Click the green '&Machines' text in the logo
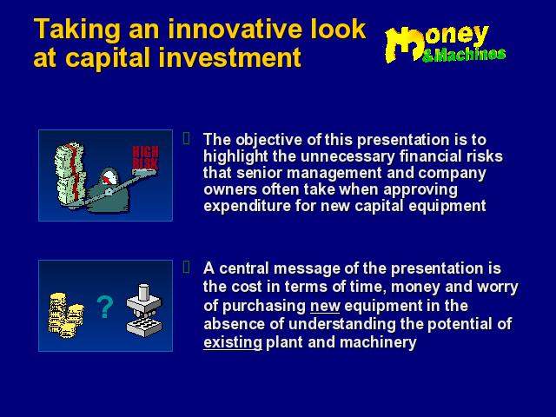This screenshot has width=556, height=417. click(x=464, y=55)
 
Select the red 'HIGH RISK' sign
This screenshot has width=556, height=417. click(x=145, y=157)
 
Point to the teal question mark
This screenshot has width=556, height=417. click(x=105, y=307)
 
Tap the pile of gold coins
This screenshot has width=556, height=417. click(x=66, y=314)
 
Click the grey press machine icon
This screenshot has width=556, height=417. click(x=144, y=310)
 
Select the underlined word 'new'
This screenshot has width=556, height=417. click(x=325, y=306)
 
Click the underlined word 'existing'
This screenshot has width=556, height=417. click(x=233, y=342)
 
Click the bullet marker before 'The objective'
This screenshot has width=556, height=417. click(x=187, y=138)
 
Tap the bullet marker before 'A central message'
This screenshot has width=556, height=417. click(x=187, y=267)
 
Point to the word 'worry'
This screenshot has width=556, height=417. click(x=498, y=287)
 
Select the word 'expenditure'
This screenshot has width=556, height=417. click(x=247, y=206)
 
